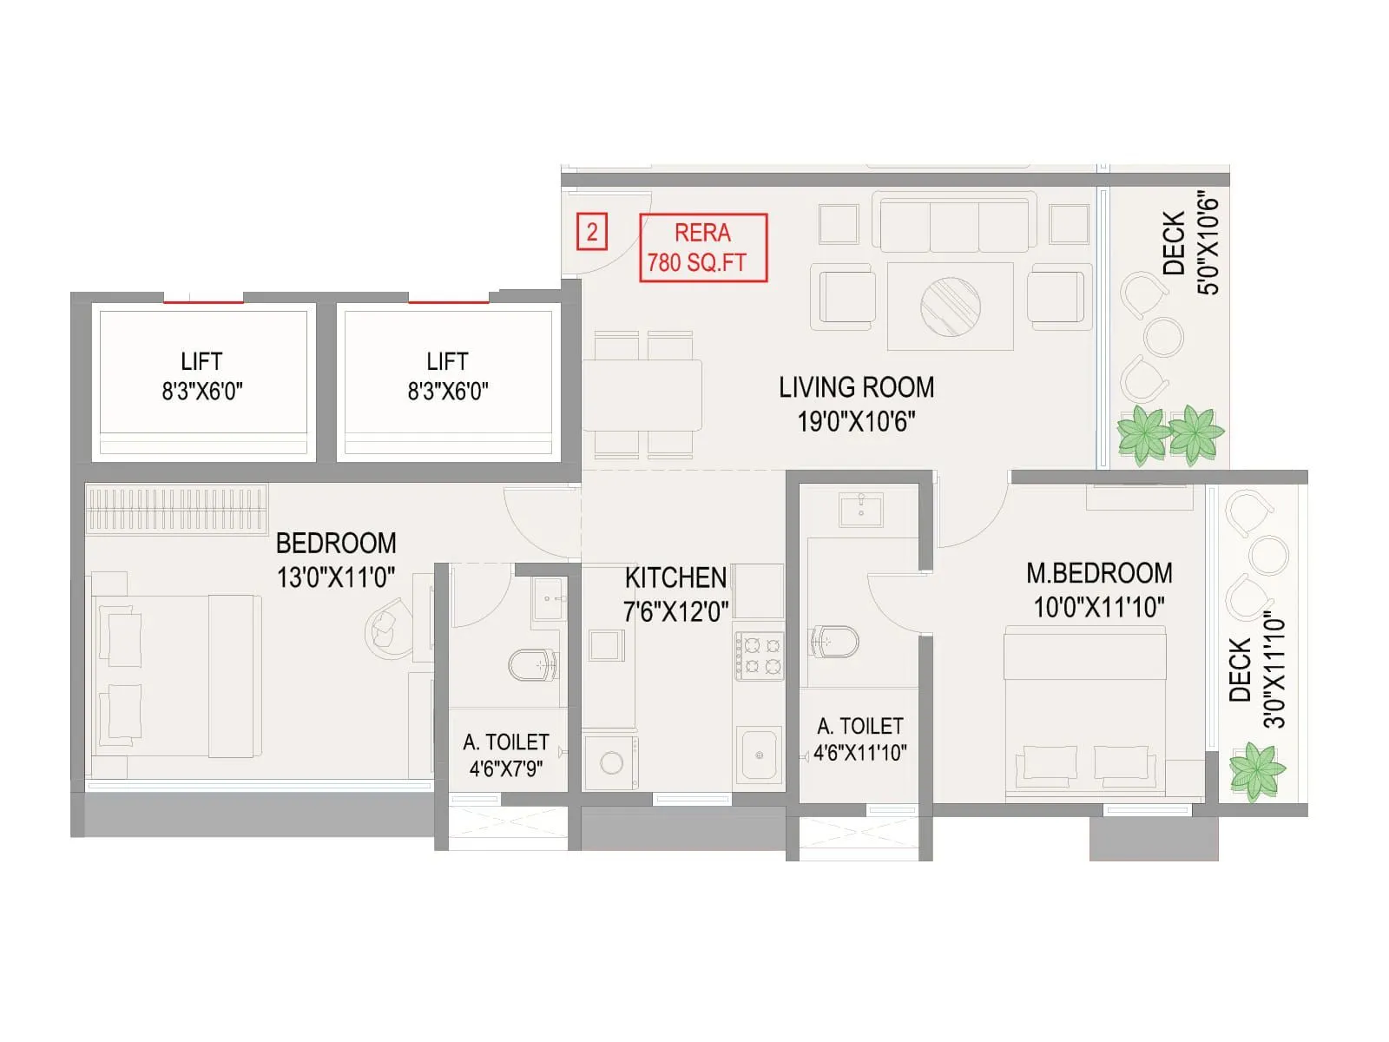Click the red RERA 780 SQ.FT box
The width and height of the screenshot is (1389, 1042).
click(703, 248)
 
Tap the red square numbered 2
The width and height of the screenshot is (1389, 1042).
click(591, 233)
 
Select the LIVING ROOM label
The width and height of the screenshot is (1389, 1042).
click(856, 404)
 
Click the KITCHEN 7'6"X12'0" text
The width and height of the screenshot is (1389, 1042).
click(675, 595)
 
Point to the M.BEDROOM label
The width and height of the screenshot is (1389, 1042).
click(1099, 590)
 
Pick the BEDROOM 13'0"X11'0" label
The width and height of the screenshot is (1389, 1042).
click(336, 560)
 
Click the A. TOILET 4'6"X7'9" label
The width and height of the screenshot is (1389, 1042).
click(506, 755)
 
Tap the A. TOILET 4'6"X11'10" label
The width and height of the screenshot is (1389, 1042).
click(860, 739)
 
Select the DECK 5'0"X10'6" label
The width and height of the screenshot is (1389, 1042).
click(1190, 244)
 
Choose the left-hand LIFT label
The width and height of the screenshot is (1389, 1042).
click(201, 376)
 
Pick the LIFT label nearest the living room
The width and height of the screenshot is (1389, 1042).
click(447, 376)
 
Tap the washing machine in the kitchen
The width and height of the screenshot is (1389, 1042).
click(611, 762)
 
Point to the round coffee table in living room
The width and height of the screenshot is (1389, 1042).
click(951, 306)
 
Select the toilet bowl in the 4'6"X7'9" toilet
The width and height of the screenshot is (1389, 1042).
click(531, 666)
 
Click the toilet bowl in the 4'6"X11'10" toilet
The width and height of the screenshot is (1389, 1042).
click(834, 642)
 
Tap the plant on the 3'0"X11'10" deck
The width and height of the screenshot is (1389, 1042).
click(1256, 769)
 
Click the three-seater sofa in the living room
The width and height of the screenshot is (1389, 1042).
click(954, 223)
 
